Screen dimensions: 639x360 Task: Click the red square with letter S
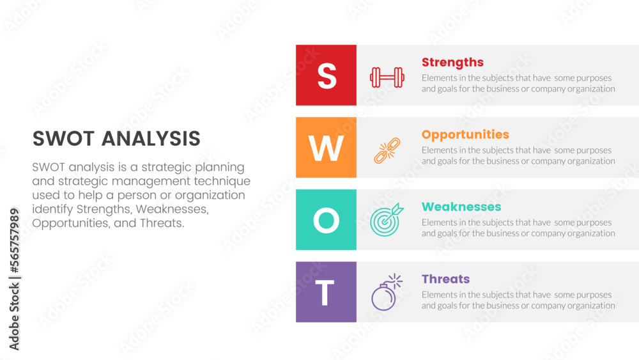point(326,75)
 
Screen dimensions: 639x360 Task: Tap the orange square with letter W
point(326,147)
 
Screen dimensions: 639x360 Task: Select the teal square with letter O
point(326,219)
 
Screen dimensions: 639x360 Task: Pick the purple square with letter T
point(326,292)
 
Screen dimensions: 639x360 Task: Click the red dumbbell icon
point(387,77)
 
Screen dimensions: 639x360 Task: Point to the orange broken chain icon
point(387,150)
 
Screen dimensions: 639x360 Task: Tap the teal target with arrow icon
point(387,220)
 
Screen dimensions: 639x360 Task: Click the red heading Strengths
point(452,63)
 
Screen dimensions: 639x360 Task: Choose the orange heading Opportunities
point(465,135)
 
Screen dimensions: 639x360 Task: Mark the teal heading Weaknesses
point(461,207)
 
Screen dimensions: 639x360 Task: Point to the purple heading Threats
point(445,279)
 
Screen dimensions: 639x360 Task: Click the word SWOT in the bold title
point(63,139)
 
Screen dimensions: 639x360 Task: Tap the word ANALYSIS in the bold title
point(151,139)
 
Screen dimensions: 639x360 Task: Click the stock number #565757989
point(14,240)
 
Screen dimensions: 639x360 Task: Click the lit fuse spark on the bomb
point(395,281)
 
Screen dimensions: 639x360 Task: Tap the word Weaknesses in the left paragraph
point(172,209)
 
